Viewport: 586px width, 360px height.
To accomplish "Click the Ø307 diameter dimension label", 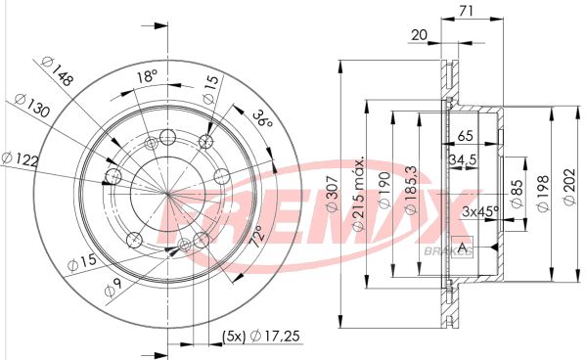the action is click(333, 194).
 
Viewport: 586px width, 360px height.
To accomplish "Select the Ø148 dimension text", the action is click(57, 70).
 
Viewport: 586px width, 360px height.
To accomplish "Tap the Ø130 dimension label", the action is click(32, 106).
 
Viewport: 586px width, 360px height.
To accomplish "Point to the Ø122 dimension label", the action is click(21, 158).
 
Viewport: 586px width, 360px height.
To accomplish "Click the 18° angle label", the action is click(146, 76).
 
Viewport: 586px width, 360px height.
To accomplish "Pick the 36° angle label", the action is click(261, 118).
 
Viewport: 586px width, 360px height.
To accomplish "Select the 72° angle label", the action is click(257, 236).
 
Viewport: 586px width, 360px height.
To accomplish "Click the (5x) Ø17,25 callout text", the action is click(261, 337).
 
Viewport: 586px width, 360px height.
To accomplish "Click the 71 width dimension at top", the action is click(466, 11).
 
